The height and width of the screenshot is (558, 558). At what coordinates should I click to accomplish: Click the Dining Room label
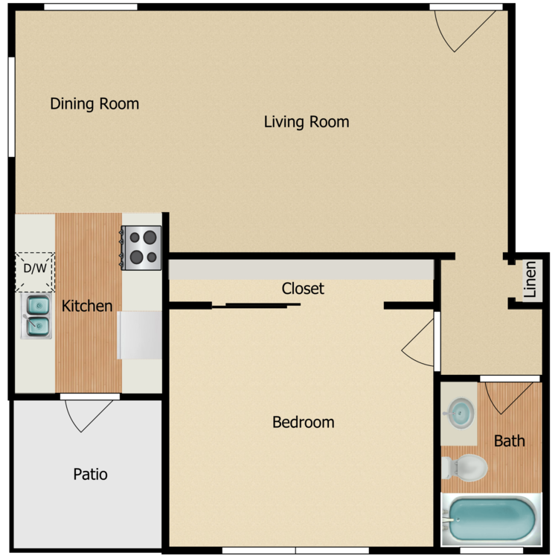(x=94, y=103)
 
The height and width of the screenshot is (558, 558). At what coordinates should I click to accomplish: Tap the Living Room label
(x=307, y=121)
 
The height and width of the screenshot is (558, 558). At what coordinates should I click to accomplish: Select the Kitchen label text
(x=87, y=306)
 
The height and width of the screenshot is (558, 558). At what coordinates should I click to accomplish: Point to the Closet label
(x=303, y=288)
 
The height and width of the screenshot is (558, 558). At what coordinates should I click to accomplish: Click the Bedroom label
(x=303, y=422)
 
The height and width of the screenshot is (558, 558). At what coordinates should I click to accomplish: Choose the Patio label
(x=90, y=474)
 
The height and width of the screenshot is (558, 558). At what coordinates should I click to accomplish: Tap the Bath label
(x=510, y=440)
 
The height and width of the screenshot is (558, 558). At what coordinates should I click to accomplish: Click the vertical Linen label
(x=530, y=280)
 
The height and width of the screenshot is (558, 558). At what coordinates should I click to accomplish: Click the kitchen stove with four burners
(x=141, y=248)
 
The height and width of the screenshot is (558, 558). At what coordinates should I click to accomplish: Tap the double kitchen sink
(x=37, y=315)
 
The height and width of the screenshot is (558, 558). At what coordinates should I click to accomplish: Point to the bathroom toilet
(x=465, y=468)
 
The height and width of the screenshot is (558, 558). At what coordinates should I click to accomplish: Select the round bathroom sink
(x=461, y=411)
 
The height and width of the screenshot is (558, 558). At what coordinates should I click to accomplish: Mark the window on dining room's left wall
(x=11, y=107)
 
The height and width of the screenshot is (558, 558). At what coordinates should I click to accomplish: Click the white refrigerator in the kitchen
(x=140, y=335)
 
